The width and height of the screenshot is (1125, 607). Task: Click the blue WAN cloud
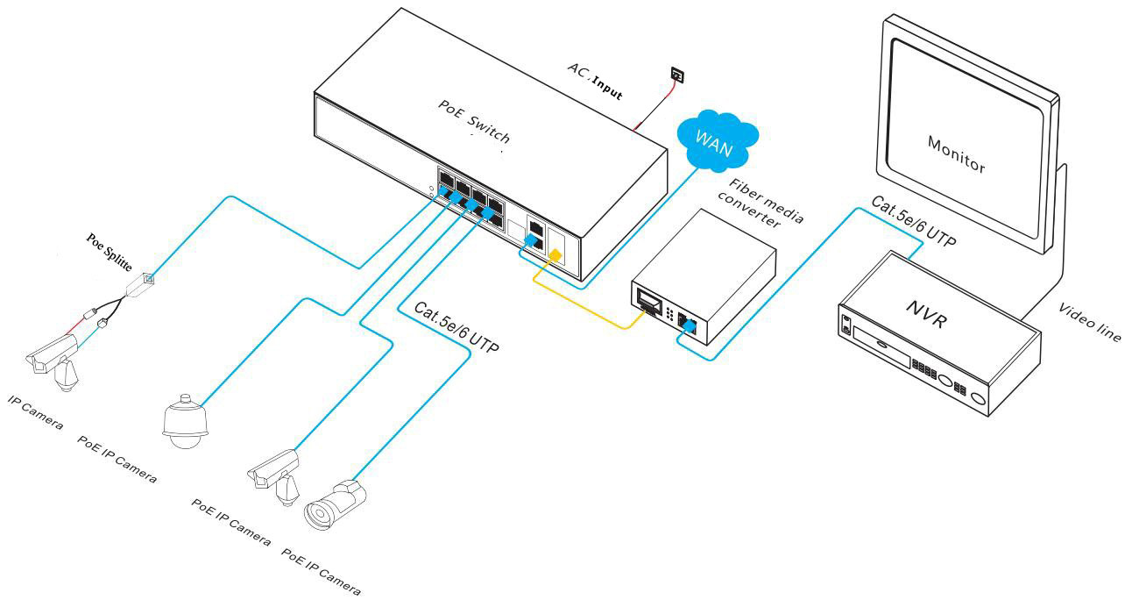718,142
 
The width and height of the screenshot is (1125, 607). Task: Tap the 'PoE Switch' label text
474,121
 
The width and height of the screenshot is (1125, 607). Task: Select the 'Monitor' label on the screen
956,154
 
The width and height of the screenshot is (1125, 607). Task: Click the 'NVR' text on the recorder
927,314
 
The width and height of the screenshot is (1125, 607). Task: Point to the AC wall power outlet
678,75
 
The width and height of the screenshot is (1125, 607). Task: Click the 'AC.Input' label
596,81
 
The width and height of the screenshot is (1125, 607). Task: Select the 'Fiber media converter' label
761,204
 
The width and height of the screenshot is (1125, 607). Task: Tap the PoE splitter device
139,286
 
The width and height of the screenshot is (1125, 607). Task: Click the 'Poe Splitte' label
110,252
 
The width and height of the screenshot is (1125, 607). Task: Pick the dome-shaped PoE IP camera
186,421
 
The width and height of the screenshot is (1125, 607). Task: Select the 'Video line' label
1090,322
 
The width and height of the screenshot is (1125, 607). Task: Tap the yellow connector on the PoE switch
555,255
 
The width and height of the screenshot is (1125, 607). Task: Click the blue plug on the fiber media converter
690,326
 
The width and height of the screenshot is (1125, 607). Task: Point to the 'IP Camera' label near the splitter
36,412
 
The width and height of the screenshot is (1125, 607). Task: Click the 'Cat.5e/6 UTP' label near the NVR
914,221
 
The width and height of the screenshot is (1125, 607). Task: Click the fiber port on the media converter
649,302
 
